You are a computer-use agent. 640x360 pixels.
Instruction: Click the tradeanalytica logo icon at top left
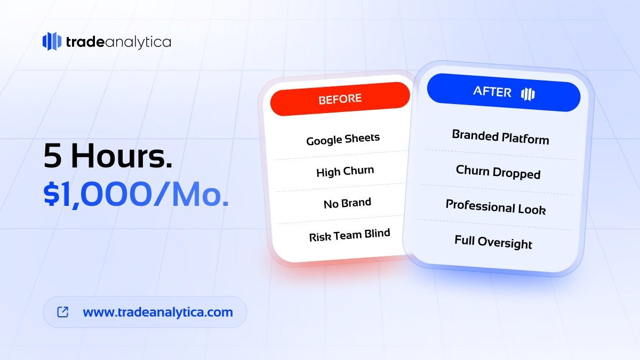52,41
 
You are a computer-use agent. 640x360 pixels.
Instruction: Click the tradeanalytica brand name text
118,42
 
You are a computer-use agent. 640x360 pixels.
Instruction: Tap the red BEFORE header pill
340,99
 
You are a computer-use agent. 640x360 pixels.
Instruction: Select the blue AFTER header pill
503,93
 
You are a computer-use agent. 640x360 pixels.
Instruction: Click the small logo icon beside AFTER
527,94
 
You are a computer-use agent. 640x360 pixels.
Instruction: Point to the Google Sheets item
343,140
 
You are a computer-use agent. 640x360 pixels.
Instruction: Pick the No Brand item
347,203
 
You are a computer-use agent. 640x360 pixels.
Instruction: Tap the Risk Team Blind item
349,235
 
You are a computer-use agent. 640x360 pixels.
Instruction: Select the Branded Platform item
500,138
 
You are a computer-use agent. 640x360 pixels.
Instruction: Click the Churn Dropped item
498,172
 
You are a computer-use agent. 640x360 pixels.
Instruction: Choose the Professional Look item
495,207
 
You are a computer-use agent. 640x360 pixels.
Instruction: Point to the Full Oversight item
493,242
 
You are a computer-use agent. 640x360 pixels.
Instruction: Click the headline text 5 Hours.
108,157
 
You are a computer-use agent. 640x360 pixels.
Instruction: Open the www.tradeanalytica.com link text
158,312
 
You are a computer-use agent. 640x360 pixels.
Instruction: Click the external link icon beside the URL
63,312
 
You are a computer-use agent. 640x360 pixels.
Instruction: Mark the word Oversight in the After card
505,243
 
